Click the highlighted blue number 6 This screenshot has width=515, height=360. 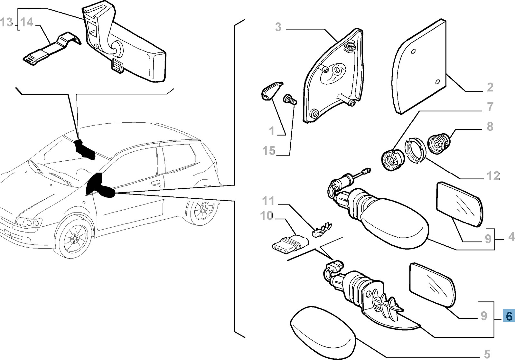(x=509, y=316)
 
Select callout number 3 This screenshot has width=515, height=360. (x=278, y=27)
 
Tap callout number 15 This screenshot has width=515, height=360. (x=269, y=151)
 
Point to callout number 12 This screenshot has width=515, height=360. (x=493, y=176)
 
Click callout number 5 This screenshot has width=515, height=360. (x=487, y=354)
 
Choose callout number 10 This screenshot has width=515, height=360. (x=267, y=216)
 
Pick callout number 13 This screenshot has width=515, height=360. (x=6, y=23)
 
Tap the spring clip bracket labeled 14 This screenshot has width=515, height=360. (x=51, y=48)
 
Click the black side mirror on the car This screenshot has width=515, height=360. (x=100, y=187)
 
